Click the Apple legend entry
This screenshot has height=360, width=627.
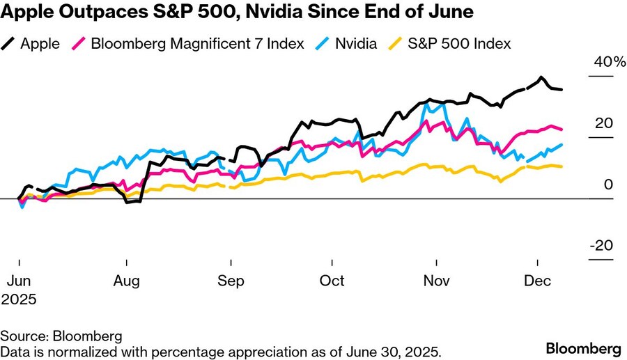[40, 43]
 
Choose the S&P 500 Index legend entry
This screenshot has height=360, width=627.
[459, 43]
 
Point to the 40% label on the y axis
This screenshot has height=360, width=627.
[610, 62]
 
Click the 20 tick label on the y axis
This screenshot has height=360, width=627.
[603, 123]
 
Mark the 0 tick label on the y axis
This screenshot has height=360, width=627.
[608, 185]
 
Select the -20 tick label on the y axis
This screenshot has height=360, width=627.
[601, 246]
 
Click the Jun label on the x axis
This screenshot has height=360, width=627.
[19, 281]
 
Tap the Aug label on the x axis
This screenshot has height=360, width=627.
[127, 281]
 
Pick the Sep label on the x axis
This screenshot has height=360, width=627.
[230, 281]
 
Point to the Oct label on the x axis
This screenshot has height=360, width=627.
[332, 281]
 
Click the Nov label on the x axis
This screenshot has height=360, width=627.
[437, 281]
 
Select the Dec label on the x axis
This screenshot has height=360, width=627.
[538, 281]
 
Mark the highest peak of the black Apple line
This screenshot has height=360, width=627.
[541, 77]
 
